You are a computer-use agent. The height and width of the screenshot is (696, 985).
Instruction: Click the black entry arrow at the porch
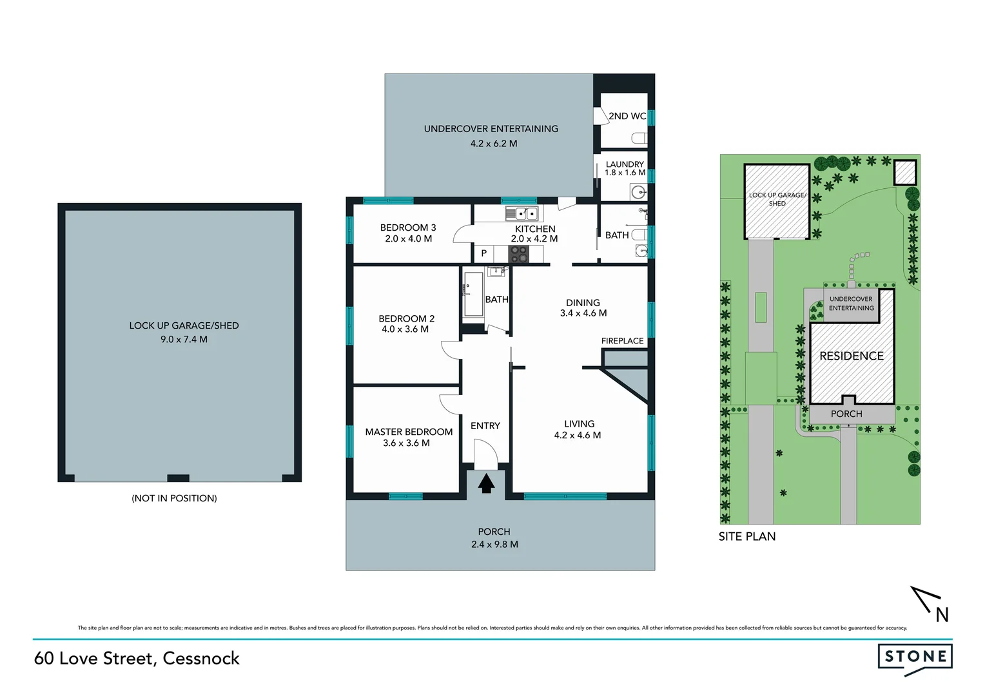coord(486,483)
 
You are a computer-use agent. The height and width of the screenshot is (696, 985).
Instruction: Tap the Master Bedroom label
coord(409,432)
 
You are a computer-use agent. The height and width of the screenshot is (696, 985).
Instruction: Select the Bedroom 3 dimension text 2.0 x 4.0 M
coord(408,238)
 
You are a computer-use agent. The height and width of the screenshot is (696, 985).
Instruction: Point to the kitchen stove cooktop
coord(518,255)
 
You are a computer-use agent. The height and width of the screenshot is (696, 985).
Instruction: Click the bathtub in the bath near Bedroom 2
coord(473,295)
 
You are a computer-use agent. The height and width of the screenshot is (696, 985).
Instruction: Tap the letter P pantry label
coord(484,253)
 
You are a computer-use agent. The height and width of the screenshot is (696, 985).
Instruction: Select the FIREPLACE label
coord(622,341)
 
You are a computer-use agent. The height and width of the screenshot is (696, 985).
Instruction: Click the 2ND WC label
coord(627,116)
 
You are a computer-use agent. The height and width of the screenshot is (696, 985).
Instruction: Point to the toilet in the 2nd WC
coord(639,139)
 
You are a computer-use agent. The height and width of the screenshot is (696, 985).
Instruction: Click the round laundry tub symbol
coord(638,191)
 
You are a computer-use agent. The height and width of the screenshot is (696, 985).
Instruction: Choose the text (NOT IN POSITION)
coord(174,498)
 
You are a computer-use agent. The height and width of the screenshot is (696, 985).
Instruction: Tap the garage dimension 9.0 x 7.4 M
coord(184,339)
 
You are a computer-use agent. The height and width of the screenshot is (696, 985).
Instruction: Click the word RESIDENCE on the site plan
coord(851,356)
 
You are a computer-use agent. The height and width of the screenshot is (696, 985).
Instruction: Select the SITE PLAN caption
coord(747,536)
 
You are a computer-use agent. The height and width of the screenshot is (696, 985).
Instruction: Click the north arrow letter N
coord(942,615)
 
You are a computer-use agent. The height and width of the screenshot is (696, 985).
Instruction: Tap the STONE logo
coord(915,657)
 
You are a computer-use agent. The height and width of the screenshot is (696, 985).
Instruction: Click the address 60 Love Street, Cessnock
coord(137,658)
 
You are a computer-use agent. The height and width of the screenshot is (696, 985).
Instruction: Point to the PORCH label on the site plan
coord(846,414)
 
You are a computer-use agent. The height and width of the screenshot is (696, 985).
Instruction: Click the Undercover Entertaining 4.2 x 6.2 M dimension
coord(493,144)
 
